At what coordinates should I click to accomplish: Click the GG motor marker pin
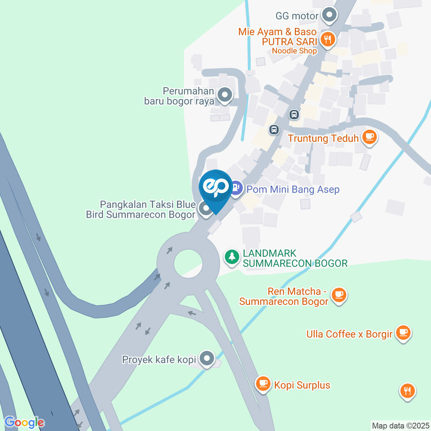(330, 15)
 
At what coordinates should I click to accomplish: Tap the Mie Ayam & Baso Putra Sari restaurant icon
(329, 40)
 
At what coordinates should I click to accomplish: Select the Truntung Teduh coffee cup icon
(369, 138)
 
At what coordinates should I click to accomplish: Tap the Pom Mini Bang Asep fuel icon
(237, 188)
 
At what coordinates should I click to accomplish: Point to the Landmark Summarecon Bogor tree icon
(232, 257)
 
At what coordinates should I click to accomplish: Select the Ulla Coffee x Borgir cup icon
(404, 333)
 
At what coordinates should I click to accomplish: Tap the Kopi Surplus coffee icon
(263, 384)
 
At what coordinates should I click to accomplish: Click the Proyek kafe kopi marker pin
(207, 358)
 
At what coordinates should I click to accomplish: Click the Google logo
(24, 422)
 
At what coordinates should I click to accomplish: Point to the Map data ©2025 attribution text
(400, 425)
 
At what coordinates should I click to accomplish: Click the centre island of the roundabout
(188, 262)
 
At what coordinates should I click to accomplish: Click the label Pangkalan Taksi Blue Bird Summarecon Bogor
(141, 210)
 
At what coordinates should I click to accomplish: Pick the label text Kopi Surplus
(302, 385)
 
